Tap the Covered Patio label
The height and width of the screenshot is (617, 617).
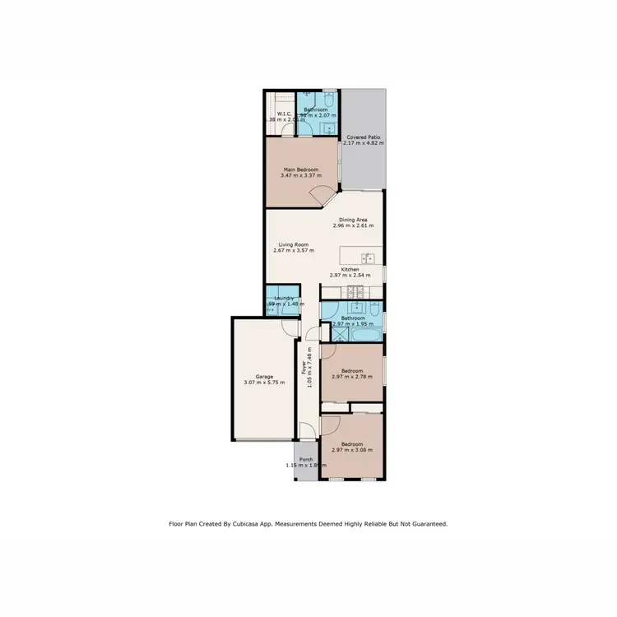364,137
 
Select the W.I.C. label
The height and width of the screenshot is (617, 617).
285,114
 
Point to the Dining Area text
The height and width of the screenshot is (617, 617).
353,220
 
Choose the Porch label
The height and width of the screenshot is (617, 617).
306,460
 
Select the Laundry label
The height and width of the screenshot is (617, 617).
285,299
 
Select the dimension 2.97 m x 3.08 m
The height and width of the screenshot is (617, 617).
352,450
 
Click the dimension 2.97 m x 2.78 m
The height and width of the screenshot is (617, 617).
352,376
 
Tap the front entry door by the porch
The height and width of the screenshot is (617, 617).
305,430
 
